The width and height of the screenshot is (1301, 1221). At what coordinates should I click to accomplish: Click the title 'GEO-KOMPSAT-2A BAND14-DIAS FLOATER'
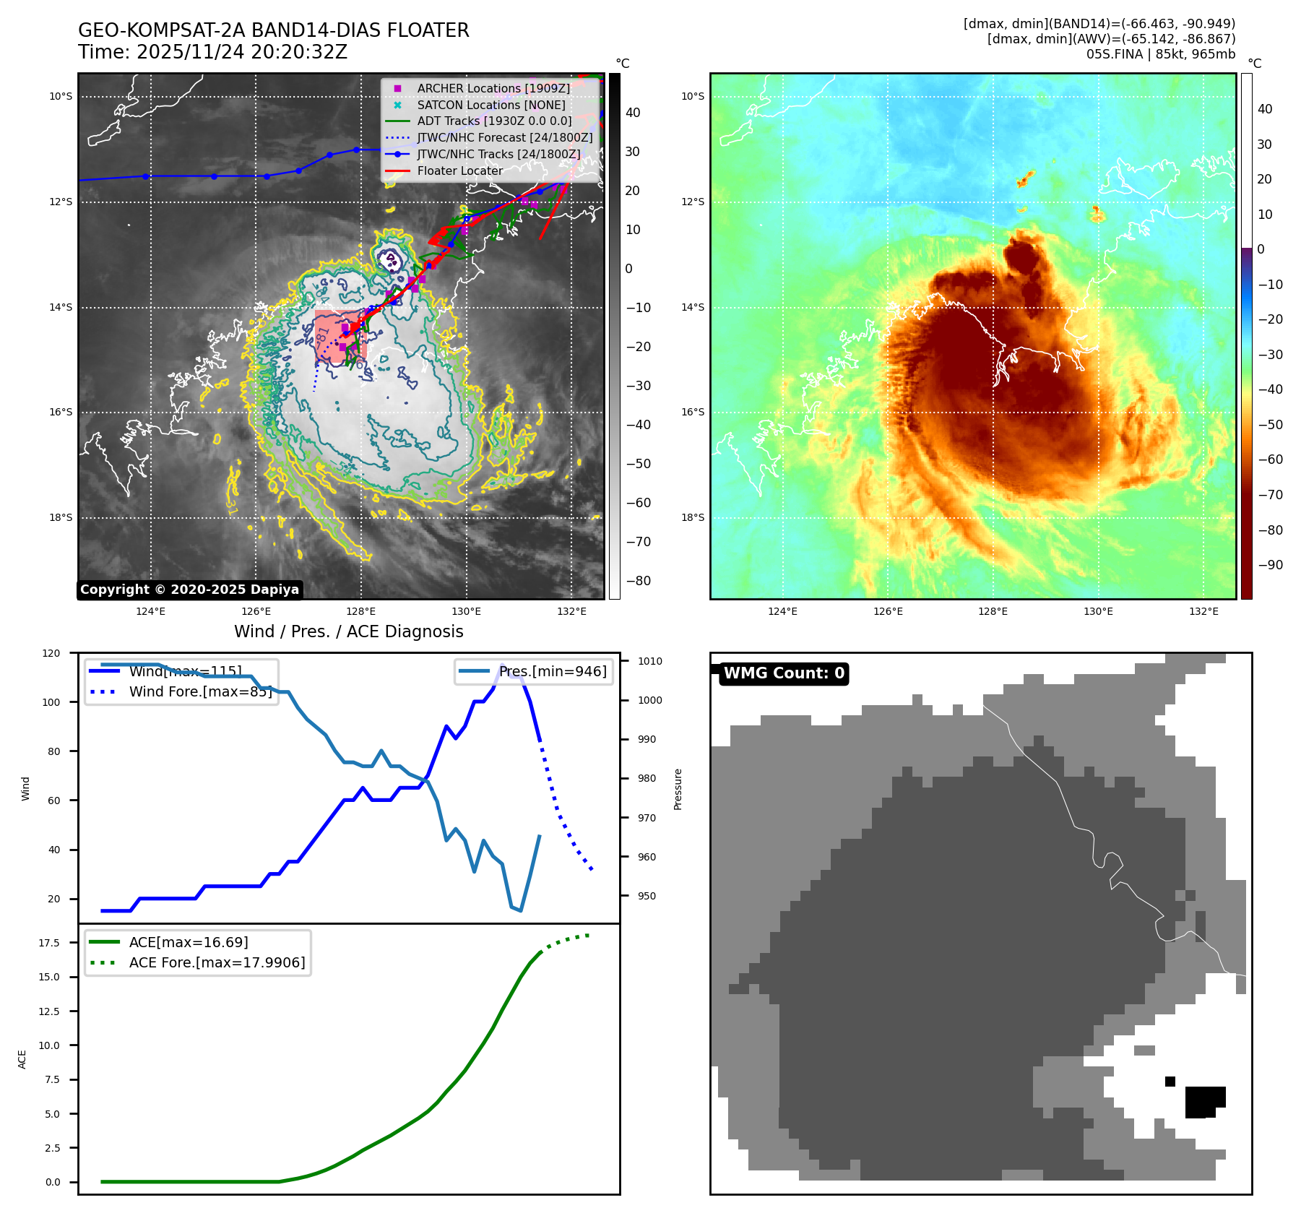pos(273,30)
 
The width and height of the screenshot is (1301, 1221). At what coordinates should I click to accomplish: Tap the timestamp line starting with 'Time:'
pos(212,52)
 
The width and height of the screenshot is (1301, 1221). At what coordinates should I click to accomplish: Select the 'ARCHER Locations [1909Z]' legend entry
pos(493,88)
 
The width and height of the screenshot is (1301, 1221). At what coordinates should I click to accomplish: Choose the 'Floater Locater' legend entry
pos(459,171)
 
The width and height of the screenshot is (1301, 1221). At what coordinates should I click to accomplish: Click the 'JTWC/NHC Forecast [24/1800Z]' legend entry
pos(504,137)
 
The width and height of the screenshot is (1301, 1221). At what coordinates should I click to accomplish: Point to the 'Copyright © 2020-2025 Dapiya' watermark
pos(189,590)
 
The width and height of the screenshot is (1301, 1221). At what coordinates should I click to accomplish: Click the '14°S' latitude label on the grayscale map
pos(61,307)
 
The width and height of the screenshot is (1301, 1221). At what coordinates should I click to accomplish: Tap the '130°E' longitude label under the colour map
pos(1098,611)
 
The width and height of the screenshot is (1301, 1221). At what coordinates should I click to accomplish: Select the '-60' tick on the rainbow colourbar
pos(1270,460)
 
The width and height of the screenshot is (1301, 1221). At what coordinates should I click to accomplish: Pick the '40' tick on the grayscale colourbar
pos(633,113)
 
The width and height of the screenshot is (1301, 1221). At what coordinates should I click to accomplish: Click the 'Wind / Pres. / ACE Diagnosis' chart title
pos(348,631)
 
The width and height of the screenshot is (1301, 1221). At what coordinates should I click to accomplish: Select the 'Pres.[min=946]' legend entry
pos(553,671)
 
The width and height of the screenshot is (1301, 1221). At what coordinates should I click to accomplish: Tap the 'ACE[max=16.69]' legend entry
pos(189,942)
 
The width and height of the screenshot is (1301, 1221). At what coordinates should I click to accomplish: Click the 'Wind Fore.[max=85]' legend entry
pos(200,691)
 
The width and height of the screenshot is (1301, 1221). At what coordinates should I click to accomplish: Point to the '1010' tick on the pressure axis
pos(649,661)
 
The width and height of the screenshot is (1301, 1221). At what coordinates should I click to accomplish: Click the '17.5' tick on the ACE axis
pos(49,943)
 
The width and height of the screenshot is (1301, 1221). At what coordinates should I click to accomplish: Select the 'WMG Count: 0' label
pos(784,673)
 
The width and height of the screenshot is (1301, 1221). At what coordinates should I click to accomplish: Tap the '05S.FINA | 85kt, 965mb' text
pos(1160,54)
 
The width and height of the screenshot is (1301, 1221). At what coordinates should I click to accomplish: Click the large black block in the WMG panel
pos(1204,1102)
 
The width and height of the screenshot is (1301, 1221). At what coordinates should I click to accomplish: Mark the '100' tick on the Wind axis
pos(51,702)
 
